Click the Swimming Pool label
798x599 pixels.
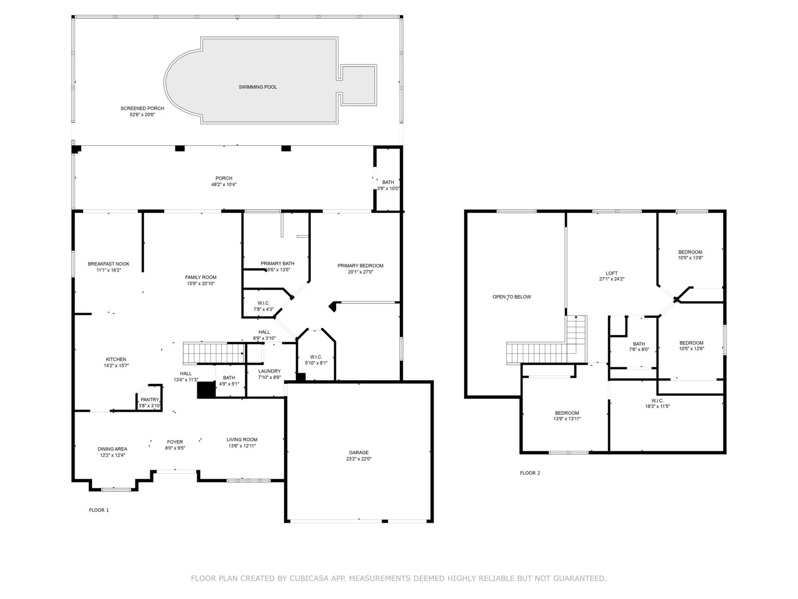pos(258,87)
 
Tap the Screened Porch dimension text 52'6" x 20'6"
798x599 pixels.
pos(142,114)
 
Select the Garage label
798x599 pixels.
pos(359,453)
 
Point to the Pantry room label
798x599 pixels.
pos(150,400)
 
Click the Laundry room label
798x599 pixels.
pos(269,371)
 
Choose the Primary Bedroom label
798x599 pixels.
pos(360,266)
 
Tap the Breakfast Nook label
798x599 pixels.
pos(108,264)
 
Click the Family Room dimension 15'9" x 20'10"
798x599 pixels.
pos(201,284)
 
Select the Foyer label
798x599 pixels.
pos(175,442)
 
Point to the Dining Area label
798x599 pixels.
pos(112,449)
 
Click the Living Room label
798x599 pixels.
pos(242,439)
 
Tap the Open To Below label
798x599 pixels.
pos(512,297)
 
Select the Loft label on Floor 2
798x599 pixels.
pos(612,273)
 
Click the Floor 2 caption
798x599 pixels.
pos(530,473)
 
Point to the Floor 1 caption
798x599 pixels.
pos(99,510)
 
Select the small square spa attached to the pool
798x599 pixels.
pos(358,85)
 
